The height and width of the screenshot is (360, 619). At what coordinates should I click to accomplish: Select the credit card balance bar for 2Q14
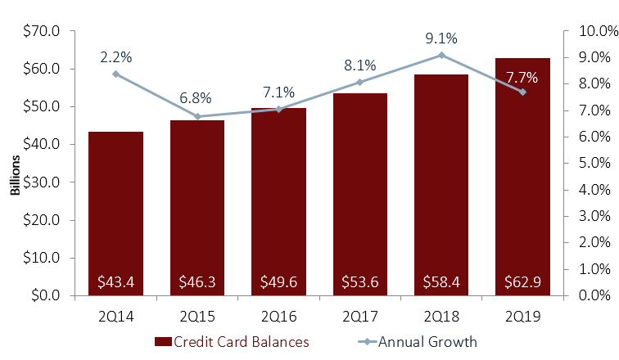tap(115, 213)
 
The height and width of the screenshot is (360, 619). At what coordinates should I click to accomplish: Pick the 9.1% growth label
tap(441, 38)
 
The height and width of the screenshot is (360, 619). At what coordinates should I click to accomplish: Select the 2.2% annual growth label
tap(116, 56)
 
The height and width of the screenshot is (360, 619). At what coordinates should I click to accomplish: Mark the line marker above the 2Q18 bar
tap(441, 55)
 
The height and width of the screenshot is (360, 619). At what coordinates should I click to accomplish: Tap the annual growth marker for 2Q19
tap(522, 92)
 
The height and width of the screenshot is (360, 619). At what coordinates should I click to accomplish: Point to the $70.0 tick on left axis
tap(43, 31)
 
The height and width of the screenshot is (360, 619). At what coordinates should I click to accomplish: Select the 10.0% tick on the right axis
tap(594, 31)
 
